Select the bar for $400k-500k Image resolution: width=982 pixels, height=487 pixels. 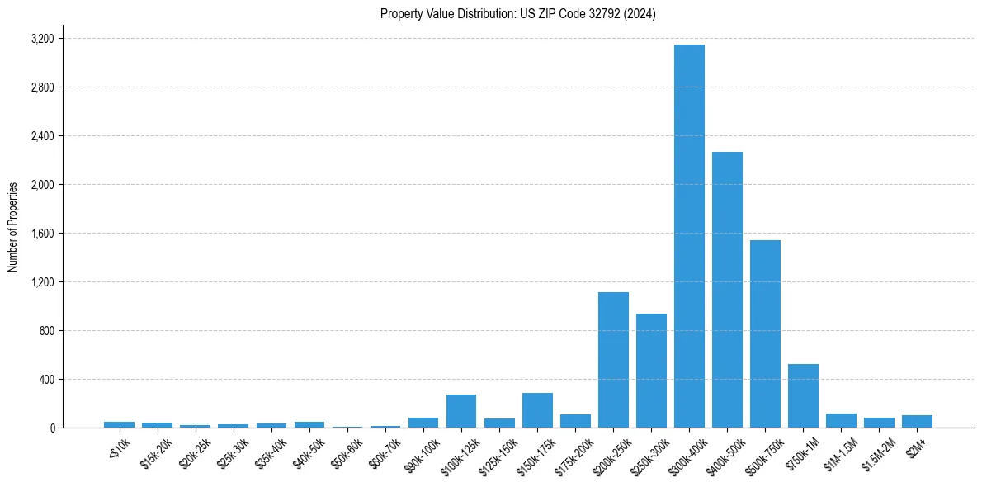(727, 290)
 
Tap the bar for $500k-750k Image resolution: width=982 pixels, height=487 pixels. (765, 333)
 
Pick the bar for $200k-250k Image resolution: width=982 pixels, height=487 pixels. (613, 360)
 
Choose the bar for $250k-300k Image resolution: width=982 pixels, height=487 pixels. (651, 371)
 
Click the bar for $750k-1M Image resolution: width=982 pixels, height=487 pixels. (803, 395)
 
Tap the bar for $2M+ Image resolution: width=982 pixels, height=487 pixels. (917, 421)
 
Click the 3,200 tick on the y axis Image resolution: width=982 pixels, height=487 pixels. (42, 39)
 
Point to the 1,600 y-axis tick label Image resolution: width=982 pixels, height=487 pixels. (42, 234)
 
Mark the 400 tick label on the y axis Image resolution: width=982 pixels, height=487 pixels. (46, 380)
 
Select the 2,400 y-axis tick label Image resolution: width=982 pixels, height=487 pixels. (42, 136)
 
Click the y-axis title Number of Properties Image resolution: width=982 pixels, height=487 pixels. (13, 227)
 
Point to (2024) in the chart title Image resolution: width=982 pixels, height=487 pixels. (640, 14)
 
